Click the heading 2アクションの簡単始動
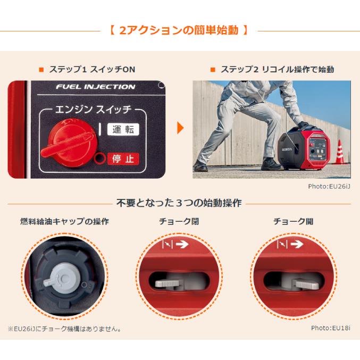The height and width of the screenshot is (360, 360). [x=180, y=30]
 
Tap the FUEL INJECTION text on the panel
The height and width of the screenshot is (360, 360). [x=96, y=87]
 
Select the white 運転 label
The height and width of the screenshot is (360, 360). [x=122, y=129]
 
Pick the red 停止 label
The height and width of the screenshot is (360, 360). [x=122, y=158]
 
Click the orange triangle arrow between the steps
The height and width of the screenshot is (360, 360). [x=181, y=129]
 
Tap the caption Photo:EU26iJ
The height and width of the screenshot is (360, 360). [x=329, y=186]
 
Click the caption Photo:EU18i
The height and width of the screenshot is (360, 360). [x=331, y=328]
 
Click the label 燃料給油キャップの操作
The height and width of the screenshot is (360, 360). [x=64, y=221]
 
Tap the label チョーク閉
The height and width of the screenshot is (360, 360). [x=179, y=221]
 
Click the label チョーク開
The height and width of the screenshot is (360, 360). [x=293, y=221]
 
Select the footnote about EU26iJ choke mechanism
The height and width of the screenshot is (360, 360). [x=64, y=329]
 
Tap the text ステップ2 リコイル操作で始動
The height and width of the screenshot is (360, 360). [x=273, y=70]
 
